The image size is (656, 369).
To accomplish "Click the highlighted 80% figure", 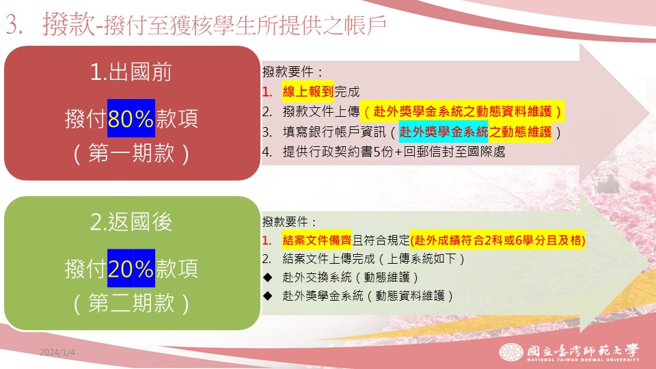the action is pyautogui.click(x=131, y=118).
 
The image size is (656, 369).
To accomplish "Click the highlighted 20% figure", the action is pyautogui.click(x=131, y=269).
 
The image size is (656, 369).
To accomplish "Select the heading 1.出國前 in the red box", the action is pyautogui.click(x=131, y=72).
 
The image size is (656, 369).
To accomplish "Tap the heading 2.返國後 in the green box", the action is pyautogui.click(x=131, y=221).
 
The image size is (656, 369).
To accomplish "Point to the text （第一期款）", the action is pyautogui.click(x=131, y=152).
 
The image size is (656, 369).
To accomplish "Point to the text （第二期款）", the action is pyautogui.click(x=131, y=303).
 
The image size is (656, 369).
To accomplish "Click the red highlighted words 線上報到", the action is pyautogui.click(x=308, y=92).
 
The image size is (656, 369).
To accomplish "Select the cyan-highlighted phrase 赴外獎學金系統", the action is pyautogui.click(x=443, y=132).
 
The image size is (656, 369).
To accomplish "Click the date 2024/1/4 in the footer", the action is pyautogui.click(x=57, y=353).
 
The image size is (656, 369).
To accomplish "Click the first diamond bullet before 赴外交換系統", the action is pyautogui.click(x=268, y=277).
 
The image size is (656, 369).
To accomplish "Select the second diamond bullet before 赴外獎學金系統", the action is pyautogui.click(x=268, y=296).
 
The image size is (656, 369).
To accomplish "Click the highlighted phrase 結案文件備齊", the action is pyautogui.click(x=316, y=240).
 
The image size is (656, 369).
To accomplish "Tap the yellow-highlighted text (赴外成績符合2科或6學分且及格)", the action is pyautogui.click(x=497, y=240).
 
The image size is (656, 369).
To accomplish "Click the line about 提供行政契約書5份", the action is pyautogui.click(x=383, y=152).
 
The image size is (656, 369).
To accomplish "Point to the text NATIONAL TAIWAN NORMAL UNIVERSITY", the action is pyautogui.click(x=583, y=359).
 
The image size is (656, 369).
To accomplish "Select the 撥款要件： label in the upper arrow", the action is pyautogui.click(x=293, y=72).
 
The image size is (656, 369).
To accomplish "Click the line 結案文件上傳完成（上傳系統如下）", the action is pyautogui.click(x=364, y=258).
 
